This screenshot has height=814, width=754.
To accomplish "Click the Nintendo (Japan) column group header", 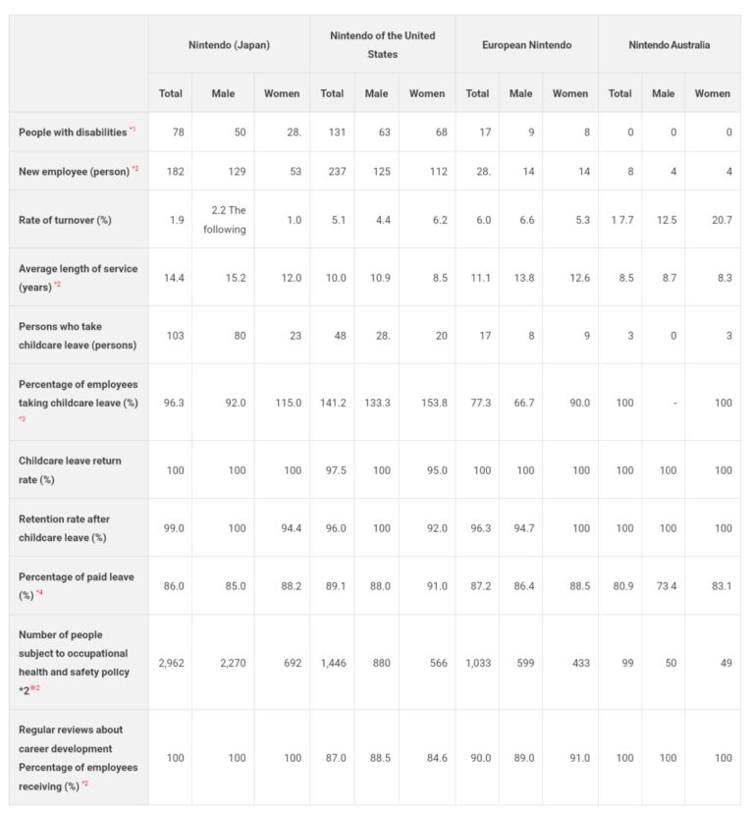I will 229,45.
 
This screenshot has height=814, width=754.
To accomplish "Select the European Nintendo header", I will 526,45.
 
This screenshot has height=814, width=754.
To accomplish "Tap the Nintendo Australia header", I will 671,45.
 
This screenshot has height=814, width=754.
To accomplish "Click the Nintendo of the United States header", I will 382,45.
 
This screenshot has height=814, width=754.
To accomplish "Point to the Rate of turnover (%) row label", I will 65,220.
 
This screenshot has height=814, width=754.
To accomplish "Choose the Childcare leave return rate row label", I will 70,469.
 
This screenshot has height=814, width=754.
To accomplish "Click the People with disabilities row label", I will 74,132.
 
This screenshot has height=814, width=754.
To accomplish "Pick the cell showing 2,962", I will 171,663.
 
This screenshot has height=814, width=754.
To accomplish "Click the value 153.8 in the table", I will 426,403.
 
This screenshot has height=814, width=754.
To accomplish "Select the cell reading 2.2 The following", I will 223,220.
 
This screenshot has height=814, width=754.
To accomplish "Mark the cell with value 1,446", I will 332,663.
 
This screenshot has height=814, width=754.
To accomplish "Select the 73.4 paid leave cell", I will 664,585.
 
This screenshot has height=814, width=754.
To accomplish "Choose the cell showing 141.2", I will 332,403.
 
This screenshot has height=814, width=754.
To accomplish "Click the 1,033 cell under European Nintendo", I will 477,663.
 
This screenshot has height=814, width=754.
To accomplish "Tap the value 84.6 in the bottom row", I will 426,757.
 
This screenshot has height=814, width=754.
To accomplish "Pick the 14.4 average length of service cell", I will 171,278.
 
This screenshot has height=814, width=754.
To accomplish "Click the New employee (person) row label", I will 76,171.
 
